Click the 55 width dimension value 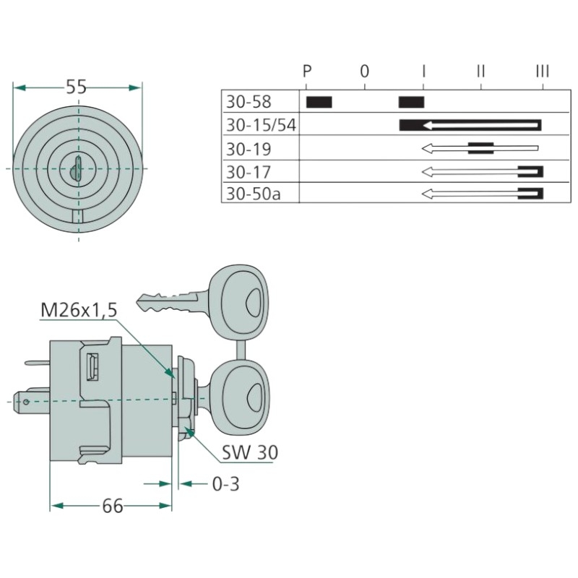coord(76,87)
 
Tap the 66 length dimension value coord(113,506)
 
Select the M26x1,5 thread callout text coord(79,310)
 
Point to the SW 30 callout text coord(249,452)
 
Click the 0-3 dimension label coord(225,484)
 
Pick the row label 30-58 coord(249,102)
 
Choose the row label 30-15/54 coord(261,125)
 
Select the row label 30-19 coord(249,149)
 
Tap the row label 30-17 coord(249,172)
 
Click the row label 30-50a coord(254,194)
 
